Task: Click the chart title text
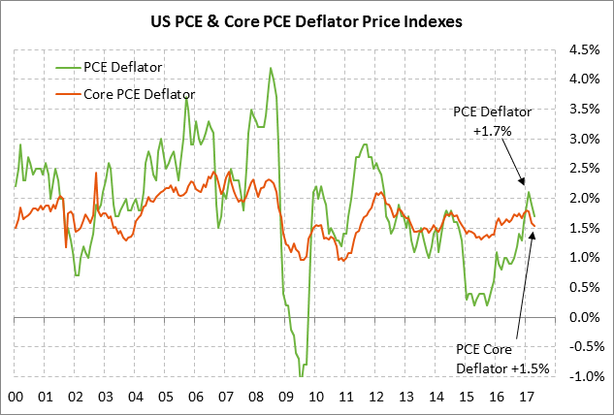click(x=307, y=18)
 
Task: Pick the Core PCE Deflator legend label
click(x=137, y=94)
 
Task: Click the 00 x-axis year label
click(x=15, y=397)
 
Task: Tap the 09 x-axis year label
click(x=285, y=397)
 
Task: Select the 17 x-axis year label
click(x=526, y=397)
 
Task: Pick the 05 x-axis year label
click(x=165, y=397)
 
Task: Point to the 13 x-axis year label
click(x=405, y=397)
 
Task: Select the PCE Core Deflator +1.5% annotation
click(x=502, y=359)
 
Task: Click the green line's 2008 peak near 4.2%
click(x=270, y=68)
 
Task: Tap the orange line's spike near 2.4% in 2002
click(x=95, y=175)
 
